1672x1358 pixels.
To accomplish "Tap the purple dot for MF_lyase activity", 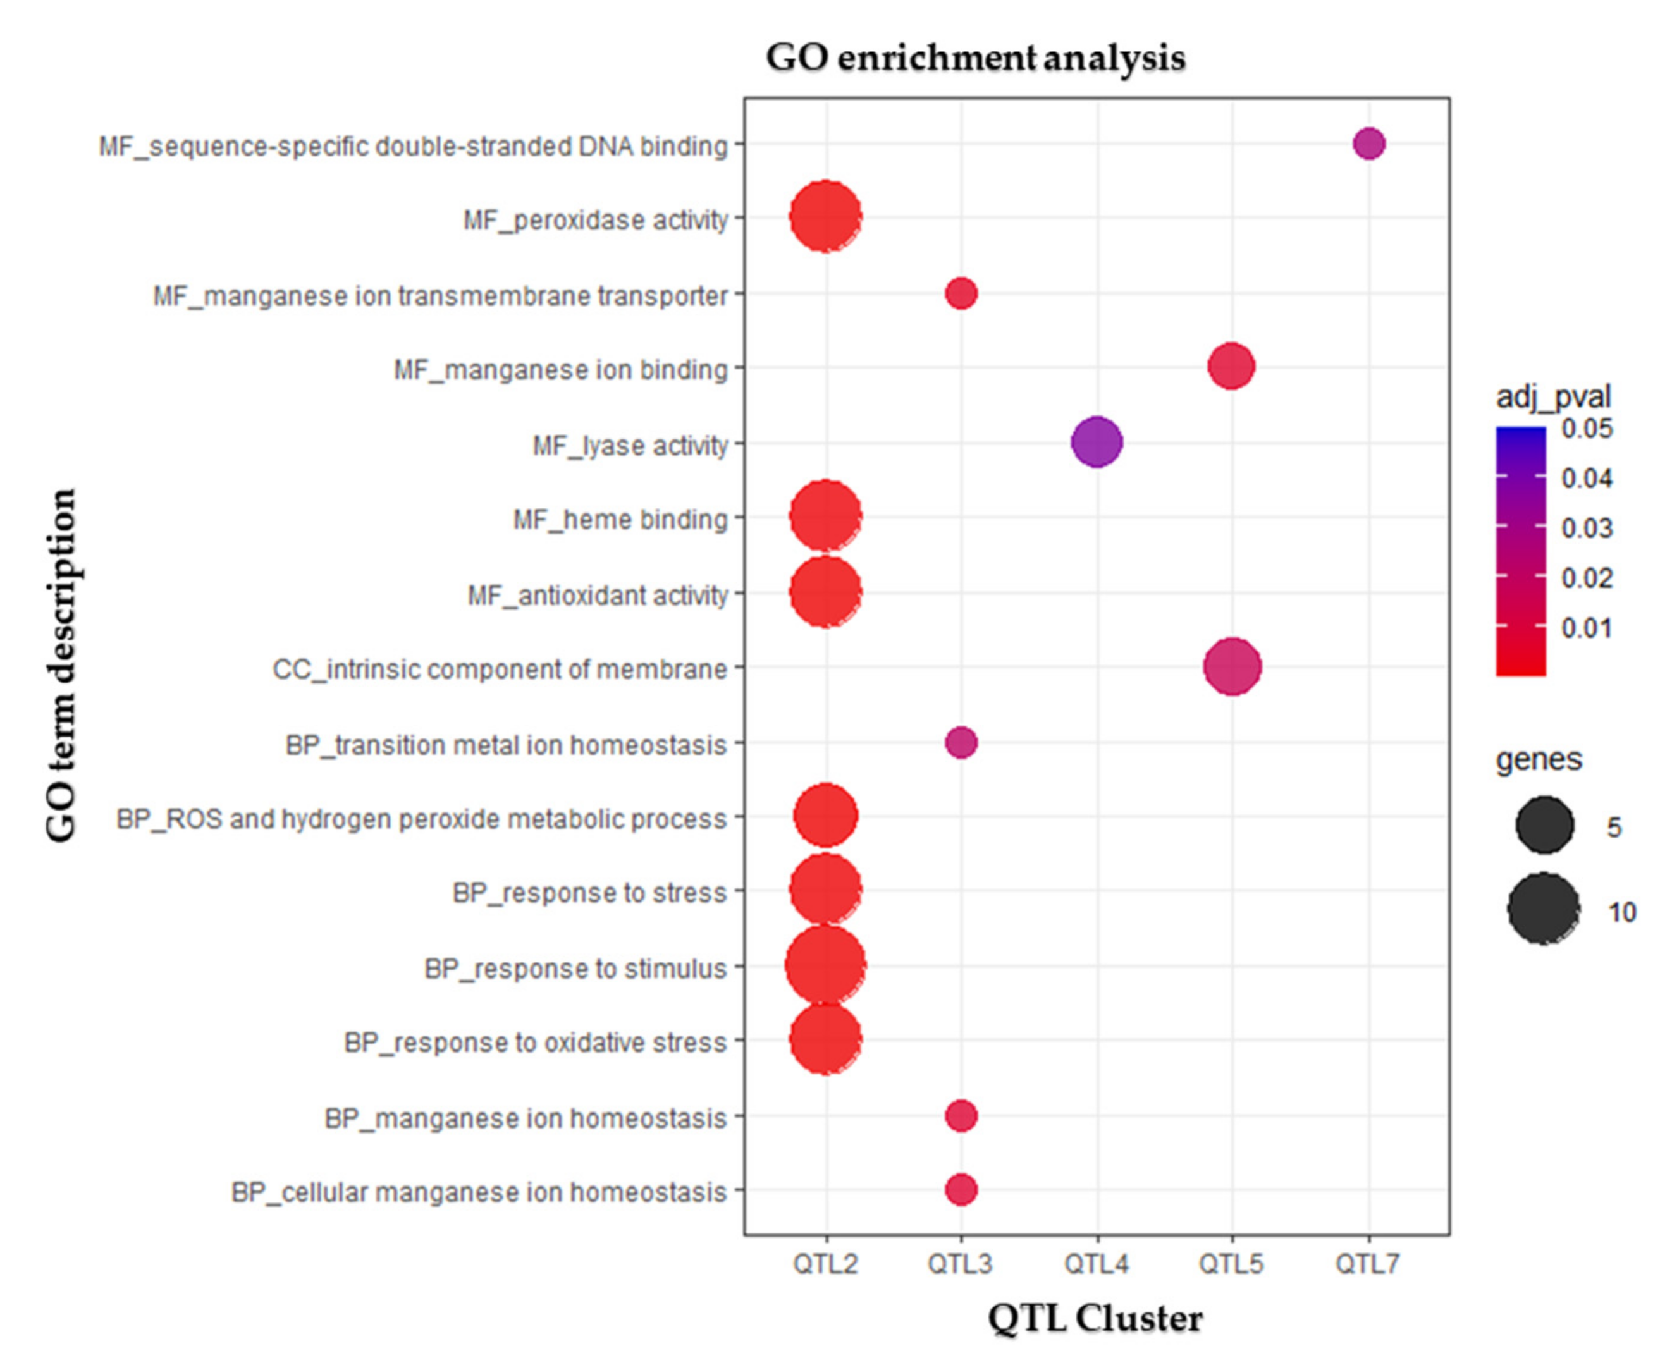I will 1096,442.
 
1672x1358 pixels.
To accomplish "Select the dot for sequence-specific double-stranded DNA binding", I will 1368,144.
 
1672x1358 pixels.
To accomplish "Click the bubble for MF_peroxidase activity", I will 825,216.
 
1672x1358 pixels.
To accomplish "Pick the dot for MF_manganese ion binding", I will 1231,365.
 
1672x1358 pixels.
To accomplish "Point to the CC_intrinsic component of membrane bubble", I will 1231,666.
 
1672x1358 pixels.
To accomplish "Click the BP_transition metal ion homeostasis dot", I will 961,742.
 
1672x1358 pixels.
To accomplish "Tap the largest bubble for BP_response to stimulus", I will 825,965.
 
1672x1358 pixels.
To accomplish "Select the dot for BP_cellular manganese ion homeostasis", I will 961,1190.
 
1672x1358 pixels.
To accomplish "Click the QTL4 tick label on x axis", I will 1096,1263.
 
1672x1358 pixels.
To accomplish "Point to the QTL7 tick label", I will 1367,1263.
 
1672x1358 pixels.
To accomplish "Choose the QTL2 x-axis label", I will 825,1263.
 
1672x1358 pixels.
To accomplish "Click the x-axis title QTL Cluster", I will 1095,1319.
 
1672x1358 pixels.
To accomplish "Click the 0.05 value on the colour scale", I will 1587,429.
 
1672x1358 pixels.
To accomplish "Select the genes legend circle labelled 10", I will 1544,909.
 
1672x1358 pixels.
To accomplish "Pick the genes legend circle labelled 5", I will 1544,825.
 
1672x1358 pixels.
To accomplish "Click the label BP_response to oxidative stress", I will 535,1043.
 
